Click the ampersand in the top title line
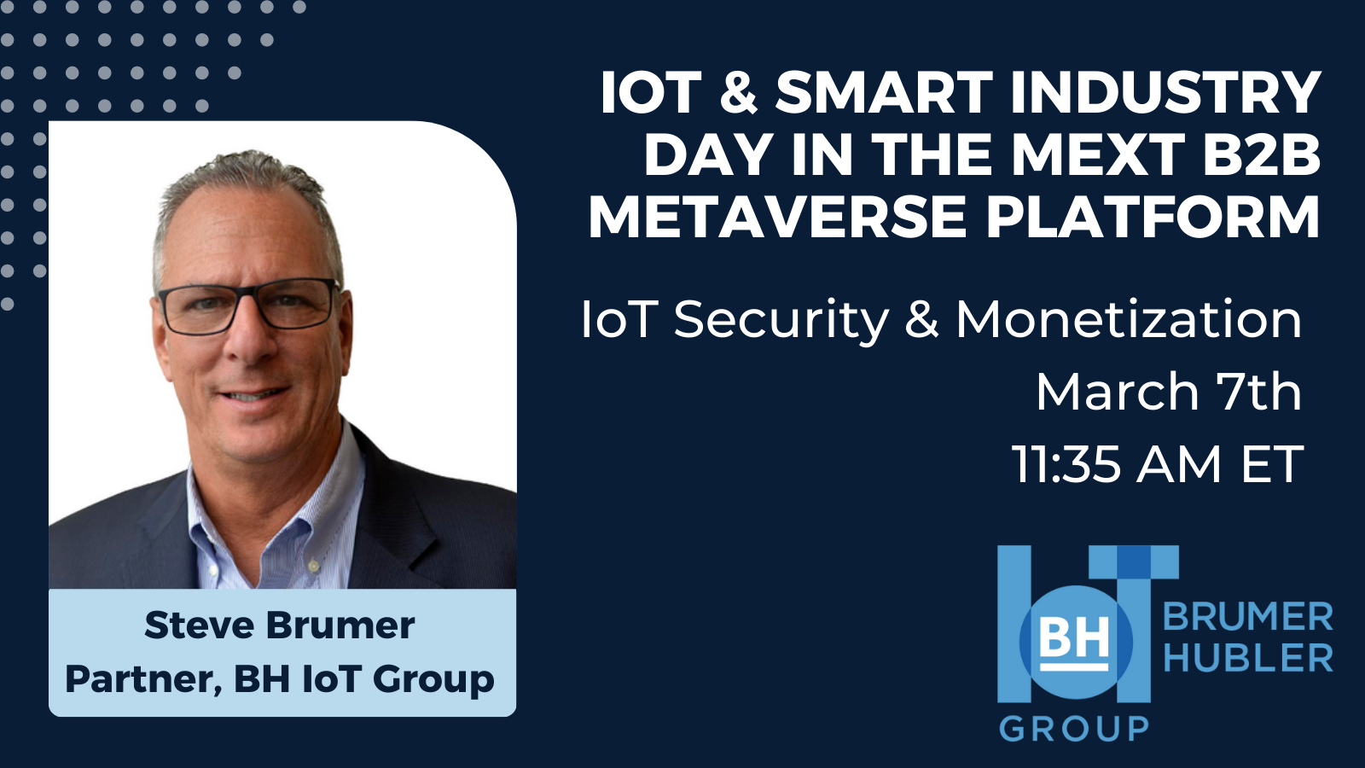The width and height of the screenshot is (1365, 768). pyautogui.click(x=738, y=92)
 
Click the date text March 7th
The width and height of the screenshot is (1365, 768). pyautogui.click(x=1169, y=392)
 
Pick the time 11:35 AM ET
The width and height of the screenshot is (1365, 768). pyautogui.click(x=1157, y=464)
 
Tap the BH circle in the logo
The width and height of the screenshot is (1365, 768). pyautogui.click(x=1076, y=642)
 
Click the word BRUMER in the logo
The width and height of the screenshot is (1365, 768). pyautogui.click(x=1248, y=618)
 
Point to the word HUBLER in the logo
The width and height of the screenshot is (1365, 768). pyautogui.click(x=1248, y=658)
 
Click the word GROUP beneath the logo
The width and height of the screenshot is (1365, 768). pyautogui.click(x=1074, y=729)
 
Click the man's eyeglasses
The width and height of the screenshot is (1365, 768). pyautogui.click(x=248, y=305)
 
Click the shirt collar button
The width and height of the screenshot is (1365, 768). pyautogui.click(x=314, y=567)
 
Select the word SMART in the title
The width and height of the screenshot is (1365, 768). pyautogui.click(x=884, y=92)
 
